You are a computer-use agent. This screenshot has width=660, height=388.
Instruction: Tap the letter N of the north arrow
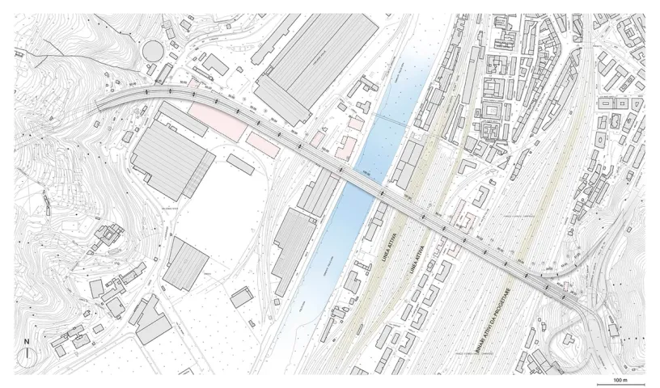(x=27, y=341)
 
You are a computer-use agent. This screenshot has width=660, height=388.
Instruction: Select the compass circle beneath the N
(x=27, y=356)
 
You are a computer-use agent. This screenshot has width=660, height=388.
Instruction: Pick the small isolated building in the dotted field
(x=242, y=297)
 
